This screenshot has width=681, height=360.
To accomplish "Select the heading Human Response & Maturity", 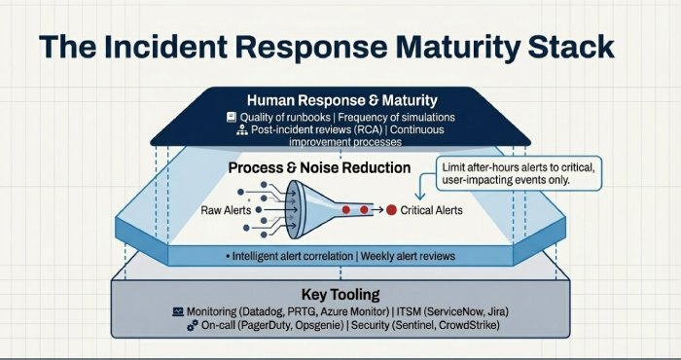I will (340, 100).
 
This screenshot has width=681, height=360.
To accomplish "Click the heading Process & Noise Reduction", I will (319, 167).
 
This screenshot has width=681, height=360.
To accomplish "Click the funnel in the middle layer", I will (311, 209).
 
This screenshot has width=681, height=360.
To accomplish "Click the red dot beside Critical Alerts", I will (391, 210).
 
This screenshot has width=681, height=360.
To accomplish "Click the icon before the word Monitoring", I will (178, 309).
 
